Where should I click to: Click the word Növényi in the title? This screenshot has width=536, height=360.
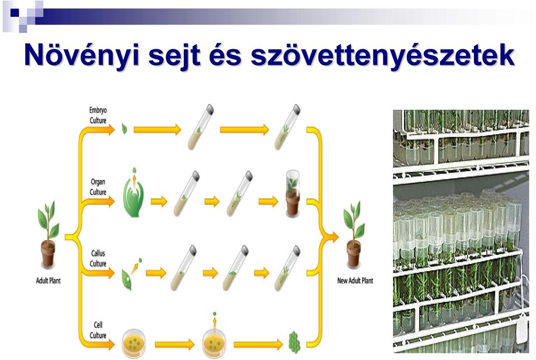tap(82, 55)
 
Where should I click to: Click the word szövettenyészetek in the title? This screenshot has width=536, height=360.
tap(382, 55)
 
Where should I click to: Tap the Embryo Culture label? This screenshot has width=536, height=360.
tap(98, 115)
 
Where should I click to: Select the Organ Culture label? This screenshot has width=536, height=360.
tap(98, 187)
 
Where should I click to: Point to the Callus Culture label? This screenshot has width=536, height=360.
tap(98, 258)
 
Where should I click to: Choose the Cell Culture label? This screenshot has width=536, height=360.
tap(98, 330)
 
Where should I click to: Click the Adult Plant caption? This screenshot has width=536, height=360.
tap(48, 281)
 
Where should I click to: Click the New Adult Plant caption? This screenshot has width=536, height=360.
tap(355, 281)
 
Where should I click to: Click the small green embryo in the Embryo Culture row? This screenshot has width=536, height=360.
tap(125, 129)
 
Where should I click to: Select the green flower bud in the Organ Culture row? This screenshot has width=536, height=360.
tap(134, 197)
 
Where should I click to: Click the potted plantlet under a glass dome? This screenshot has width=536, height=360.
tap(293, 193)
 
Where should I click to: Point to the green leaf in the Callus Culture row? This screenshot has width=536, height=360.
tap(126, 280)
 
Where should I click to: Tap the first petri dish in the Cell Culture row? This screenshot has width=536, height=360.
tap(134, 343)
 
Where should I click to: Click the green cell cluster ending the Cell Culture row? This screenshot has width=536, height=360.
tap(295, 342)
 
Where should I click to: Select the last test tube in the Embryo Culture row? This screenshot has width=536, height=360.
tap(287, 127)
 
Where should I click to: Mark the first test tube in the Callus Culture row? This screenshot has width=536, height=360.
tap(183, 268)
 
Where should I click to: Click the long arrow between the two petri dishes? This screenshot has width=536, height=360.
tap(174, 344)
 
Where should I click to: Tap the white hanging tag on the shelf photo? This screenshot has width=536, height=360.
tap(522, 329)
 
